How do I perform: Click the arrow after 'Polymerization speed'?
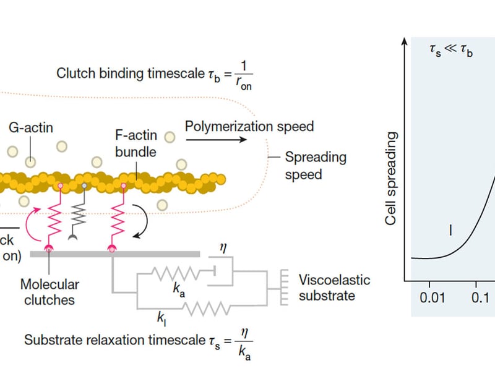[217, 140]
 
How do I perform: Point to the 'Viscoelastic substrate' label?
[334, 288]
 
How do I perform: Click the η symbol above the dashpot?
[224, 249]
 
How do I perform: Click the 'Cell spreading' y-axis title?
[390, 178]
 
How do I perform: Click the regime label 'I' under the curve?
[450, 230]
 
